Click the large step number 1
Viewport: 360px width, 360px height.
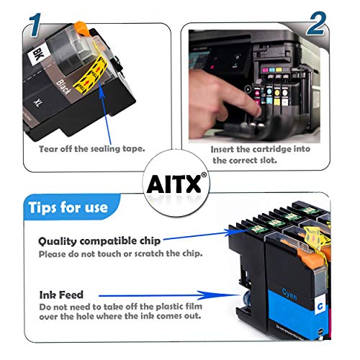(x=35, y=25)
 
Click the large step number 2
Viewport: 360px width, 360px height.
(x=316, y=24)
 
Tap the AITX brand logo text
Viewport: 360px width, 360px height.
(x=174, y=184)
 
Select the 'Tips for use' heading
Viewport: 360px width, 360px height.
(x=68, y=207)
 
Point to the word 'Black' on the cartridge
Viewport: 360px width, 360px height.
(x=63, y=87)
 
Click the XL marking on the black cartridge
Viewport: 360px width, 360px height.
(x=37, y=103)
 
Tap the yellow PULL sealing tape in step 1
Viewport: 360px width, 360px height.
(x=91, y=74)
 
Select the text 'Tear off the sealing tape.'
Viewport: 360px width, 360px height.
(x=92, y=149)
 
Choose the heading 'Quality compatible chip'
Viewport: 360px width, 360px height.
(x=99, y=241)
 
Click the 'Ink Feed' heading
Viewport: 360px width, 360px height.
(x=61, y=294)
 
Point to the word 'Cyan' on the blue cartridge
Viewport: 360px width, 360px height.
(x=289, y=294)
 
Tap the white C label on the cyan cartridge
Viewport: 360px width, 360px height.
(x=320, y=307)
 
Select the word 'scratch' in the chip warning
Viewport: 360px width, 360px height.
(x=148, y=253)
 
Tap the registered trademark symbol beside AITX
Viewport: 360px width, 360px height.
(x=204, y=175)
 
